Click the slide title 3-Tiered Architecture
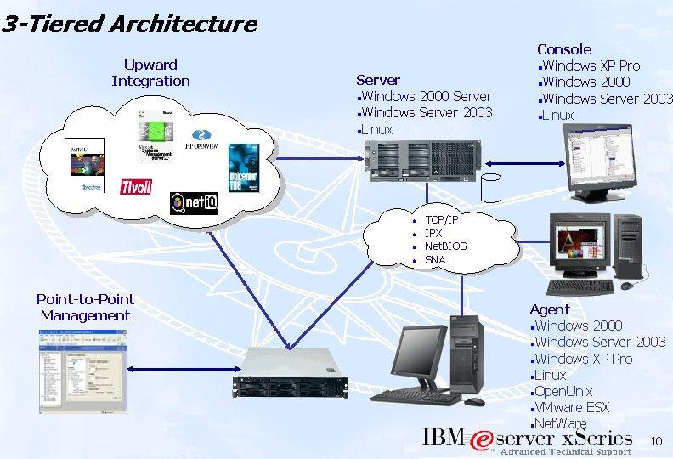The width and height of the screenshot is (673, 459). coord(129,24)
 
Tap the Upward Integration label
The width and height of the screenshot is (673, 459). coord(150,73)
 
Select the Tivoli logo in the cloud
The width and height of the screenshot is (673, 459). coord(136,186)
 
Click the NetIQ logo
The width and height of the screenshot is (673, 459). coord(194,202)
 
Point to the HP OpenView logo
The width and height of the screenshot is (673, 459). coord(201,140)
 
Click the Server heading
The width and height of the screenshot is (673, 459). coord(378,80)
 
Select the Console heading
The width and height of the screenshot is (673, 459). coord(564,49)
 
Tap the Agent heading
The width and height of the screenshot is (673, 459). coord(550,309)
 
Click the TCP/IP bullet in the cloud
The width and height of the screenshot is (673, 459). coord(441,220)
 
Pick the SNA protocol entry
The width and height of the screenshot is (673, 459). coord(434,260)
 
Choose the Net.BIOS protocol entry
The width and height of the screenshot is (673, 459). coord(445,246)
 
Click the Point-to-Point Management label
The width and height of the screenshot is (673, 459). coord(85,307)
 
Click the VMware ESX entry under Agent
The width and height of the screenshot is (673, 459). coord(572,407)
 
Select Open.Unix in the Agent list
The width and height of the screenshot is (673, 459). coord(563,391)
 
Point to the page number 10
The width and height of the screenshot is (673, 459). coord(656,441)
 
